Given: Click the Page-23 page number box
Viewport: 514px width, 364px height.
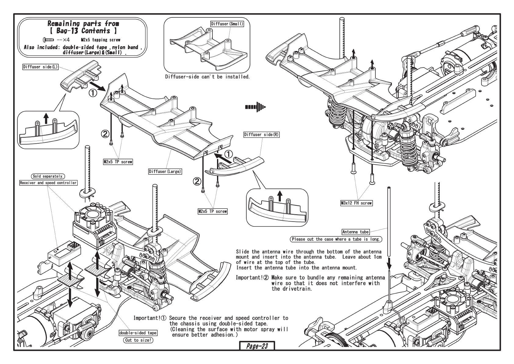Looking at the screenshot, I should (x=257, y=346).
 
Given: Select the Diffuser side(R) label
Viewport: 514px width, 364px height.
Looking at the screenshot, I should (x=262, y=134).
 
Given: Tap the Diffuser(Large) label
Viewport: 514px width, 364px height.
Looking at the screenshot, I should (x=165, y=171).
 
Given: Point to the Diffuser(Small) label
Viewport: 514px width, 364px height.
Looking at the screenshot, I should (x=227, y=24).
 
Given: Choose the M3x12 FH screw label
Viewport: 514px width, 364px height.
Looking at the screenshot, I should (x=357, y=203).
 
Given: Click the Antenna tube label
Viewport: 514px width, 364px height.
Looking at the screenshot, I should (x=355, y=232).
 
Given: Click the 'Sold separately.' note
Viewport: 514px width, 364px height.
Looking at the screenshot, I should (x=48, y=176).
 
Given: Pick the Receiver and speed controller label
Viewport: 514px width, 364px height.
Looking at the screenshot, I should (x=48, y=183).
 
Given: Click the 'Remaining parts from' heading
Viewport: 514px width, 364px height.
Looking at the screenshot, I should (x=83, y=24).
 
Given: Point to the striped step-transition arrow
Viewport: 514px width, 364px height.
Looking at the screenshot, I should (x=255, y=107).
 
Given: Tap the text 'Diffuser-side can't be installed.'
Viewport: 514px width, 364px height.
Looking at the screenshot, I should (x=207, y=76).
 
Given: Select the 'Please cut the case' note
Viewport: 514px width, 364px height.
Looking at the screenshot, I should (x=336, y=239).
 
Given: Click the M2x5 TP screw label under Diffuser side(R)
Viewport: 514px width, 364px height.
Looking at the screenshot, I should (x=212, y=211).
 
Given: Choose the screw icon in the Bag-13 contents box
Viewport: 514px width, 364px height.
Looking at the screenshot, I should (x=49, y=40).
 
